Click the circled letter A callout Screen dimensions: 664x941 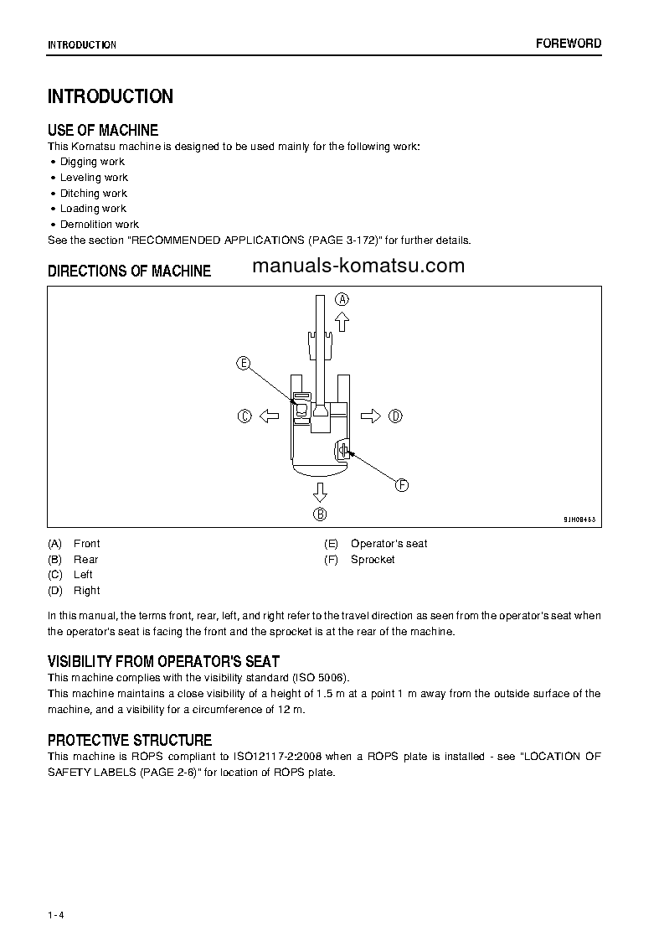coord(342,298)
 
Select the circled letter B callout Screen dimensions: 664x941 coord(320,514)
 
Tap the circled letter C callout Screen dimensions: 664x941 coord(244,416)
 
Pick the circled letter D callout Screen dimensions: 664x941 coord(395,416)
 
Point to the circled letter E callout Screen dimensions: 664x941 coord(244,363)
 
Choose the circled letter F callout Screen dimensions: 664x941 coord(401,484)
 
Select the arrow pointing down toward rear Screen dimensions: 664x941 coord(320,492)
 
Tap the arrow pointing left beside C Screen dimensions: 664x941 coord(268,416)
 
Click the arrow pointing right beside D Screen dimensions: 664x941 coord(371,416)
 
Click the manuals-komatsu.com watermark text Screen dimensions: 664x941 coord(357,266)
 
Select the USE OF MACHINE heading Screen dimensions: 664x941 coord(103,130)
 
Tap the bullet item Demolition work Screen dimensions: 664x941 coord(99,225)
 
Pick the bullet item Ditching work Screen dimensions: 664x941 coord(93,193)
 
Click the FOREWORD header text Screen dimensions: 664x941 coord(569,44)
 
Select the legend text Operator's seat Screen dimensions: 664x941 coord(389,544)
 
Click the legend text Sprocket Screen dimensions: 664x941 coord(373,560)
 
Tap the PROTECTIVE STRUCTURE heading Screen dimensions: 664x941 coord(130,740)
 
